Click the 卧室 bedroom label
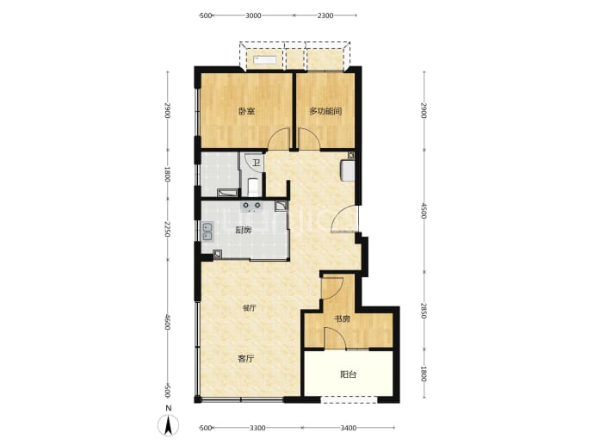246,111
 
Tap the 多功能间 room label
325,111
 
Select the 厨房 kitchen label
244,231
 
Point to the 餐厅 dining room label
250,308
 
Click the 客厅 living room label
246,359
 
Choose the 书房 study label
342,318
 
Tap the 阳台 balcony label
348,374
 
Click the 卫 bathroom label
257,164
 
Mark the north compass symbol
168,424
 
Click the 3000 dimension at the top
253,15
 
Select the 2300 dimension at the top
325,15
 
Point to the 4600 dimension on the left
168,322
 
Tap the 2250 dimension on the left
168,230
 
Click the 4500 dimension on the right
424,211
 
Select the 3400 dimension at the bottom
348,428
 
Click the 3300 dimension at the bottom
257,428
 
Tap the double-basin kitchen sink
207,232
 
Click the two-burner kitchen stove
252,206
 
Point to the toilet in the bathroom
253,187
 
